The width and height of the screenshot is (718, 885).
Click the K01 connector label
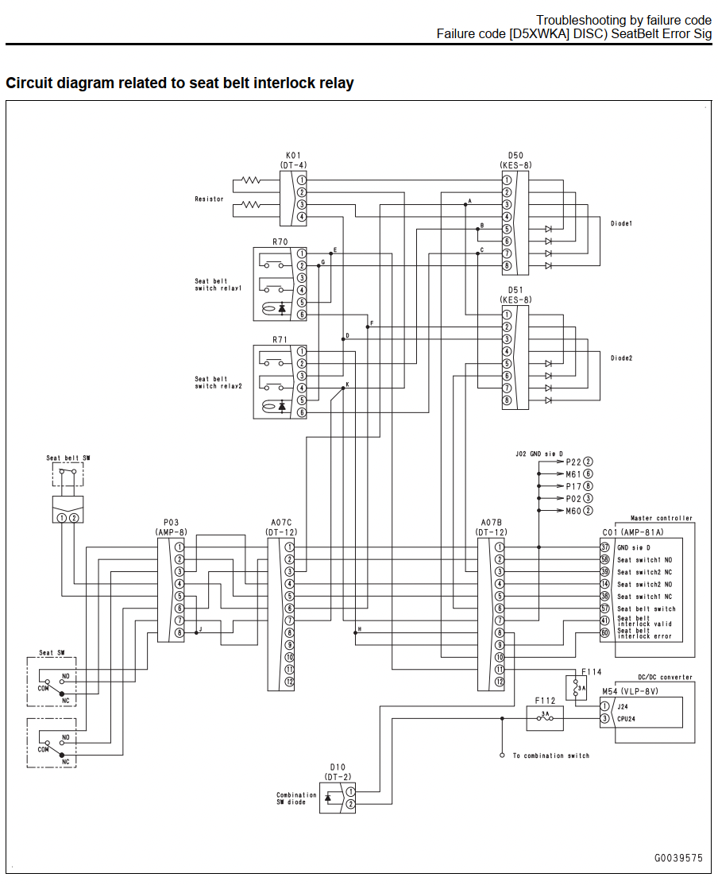pyautogui.click(x=293, y=155)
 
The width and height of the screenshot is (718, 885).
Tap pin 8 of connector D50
pyautogui.click(x=507, y=266)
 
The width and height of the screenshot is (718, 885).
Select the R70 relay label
pyautogui.click(x=280, y=242)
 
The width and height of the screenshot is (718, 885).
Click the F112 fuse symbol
pyautogui.click(x=545, y=718)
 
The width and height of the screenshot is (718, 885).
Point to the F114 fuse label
pyautogui.click(x=592, y=671)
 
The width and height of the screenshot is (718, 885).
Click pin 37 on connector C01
pyautogui.click(x=604, y=547)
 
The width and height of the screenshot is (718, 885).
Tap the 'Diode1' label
pyautogui.click(x=621, y=223)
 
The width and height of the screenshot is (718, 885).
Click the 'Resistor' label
pyautogui.click(x=210, y=199)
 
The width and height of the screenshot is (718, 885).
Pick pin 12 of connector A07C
pyautogui.click(x=289, y=682)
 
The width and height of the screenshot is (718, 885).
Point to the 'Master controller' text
pyautogui.click(x=662, y=517)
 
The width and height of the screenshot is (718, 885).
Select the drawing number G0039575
pyautogui.click(x=678, y=858)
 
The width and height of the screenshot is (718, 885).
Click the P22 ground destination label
pyautogui.click(x=573, y=462)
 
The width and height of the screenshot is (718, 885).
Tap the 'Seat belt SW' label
pyautogui.click(x=68, y=458)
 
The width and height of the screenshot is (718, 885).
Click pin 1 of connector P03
pyautogui.click(x=179, y=547)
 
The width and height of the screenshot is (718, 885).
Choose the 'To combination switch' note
pyautogui.click(x=551, y=756)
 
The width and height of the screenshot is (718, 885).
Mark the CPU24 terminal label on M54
pyautogui.click(x=626, y=718)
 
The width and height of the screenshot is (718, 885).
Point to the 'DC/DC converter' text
pyautogui.click(x=665, y=677)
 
